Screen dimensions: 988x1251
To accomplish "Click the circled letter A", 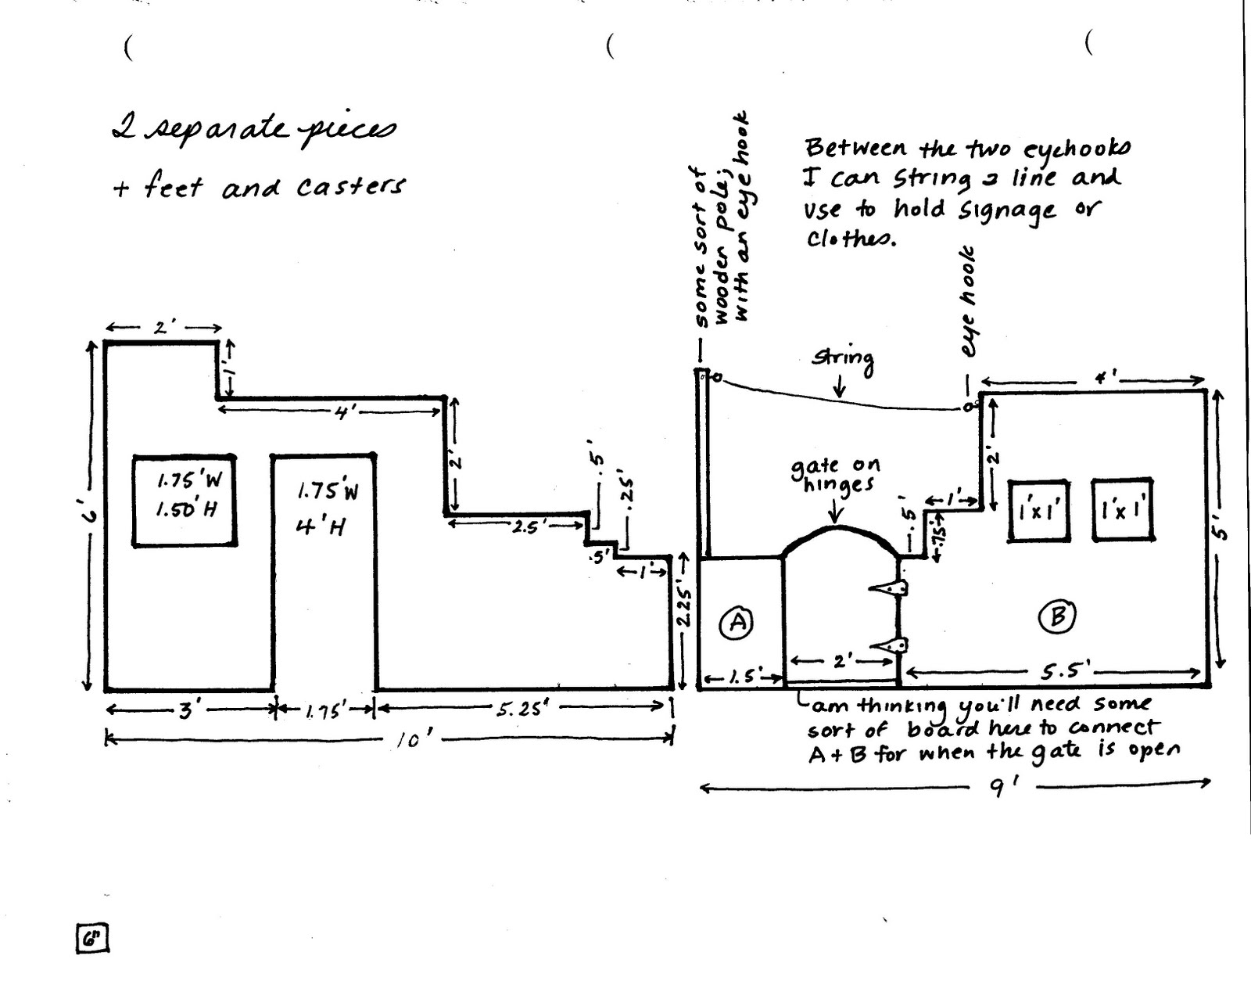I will pyautogui.click(x=737, y=623).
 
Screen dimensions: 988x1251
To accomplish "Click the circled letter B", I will pyautogui.click(x=1056, y=617).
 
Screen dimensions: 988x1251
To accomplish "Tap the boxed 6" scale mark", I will pyautogui.click(x=92, y=938).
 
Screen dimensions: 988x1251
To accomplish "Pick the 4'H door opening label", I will pyautogui.click(x=321, y=526).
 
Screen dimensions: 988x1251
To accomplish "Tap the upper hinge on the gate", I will pyautogui.click(x=891, y=587).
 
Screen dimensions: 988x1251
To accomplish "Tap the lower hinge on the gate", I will pyautogui.click(x=891, y=645).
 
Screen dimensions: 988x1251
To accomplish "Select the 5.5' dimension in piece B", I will pyautogui.click(x=1066, y=670).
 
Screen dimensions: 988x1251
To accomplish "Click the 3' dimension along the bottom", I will pyautogui.click(x=188, y=710).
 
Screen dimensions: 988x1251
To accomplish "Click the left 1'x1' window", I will pyautogui.click(x=1038, y=510).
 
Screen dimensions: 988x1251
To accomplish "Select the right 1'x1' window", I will pyautogui.click(x=1123, y=508).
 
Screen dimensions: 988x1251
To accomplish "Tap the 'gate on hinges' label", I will pyautogui.click(x=834, y=476).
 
